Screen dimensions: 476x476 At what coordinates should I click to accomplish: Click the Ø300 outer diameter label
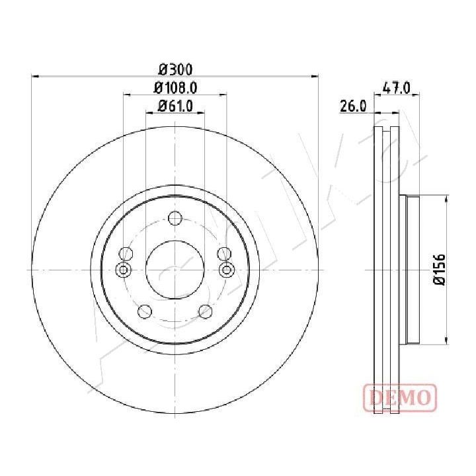[175, 70]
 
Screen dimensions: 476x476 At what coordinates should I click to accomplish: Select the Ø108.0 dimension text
[175, 88]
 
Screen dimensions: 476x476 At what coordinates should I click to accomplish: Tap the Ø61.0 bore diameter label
[175, 106]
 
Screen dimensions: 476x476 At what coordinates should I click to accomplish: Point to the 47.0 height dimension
[397, 89]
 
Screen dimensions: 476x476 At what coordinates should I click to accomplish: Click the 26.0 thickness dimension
[353, 106]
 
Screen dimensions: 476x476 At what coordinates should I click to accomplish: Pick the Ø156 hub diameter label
[439, 270]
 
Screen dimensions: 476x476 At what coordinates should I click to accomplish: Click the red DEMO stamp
[400, 397]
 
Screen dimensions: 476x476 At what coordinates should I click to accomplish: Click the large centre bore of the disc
[175, 270]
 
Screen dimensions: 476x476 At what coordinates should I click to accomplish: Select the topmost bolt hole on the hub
[175, 218]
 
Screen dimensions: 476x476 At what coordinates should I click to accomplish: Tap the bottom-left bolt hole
[145, 311]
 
